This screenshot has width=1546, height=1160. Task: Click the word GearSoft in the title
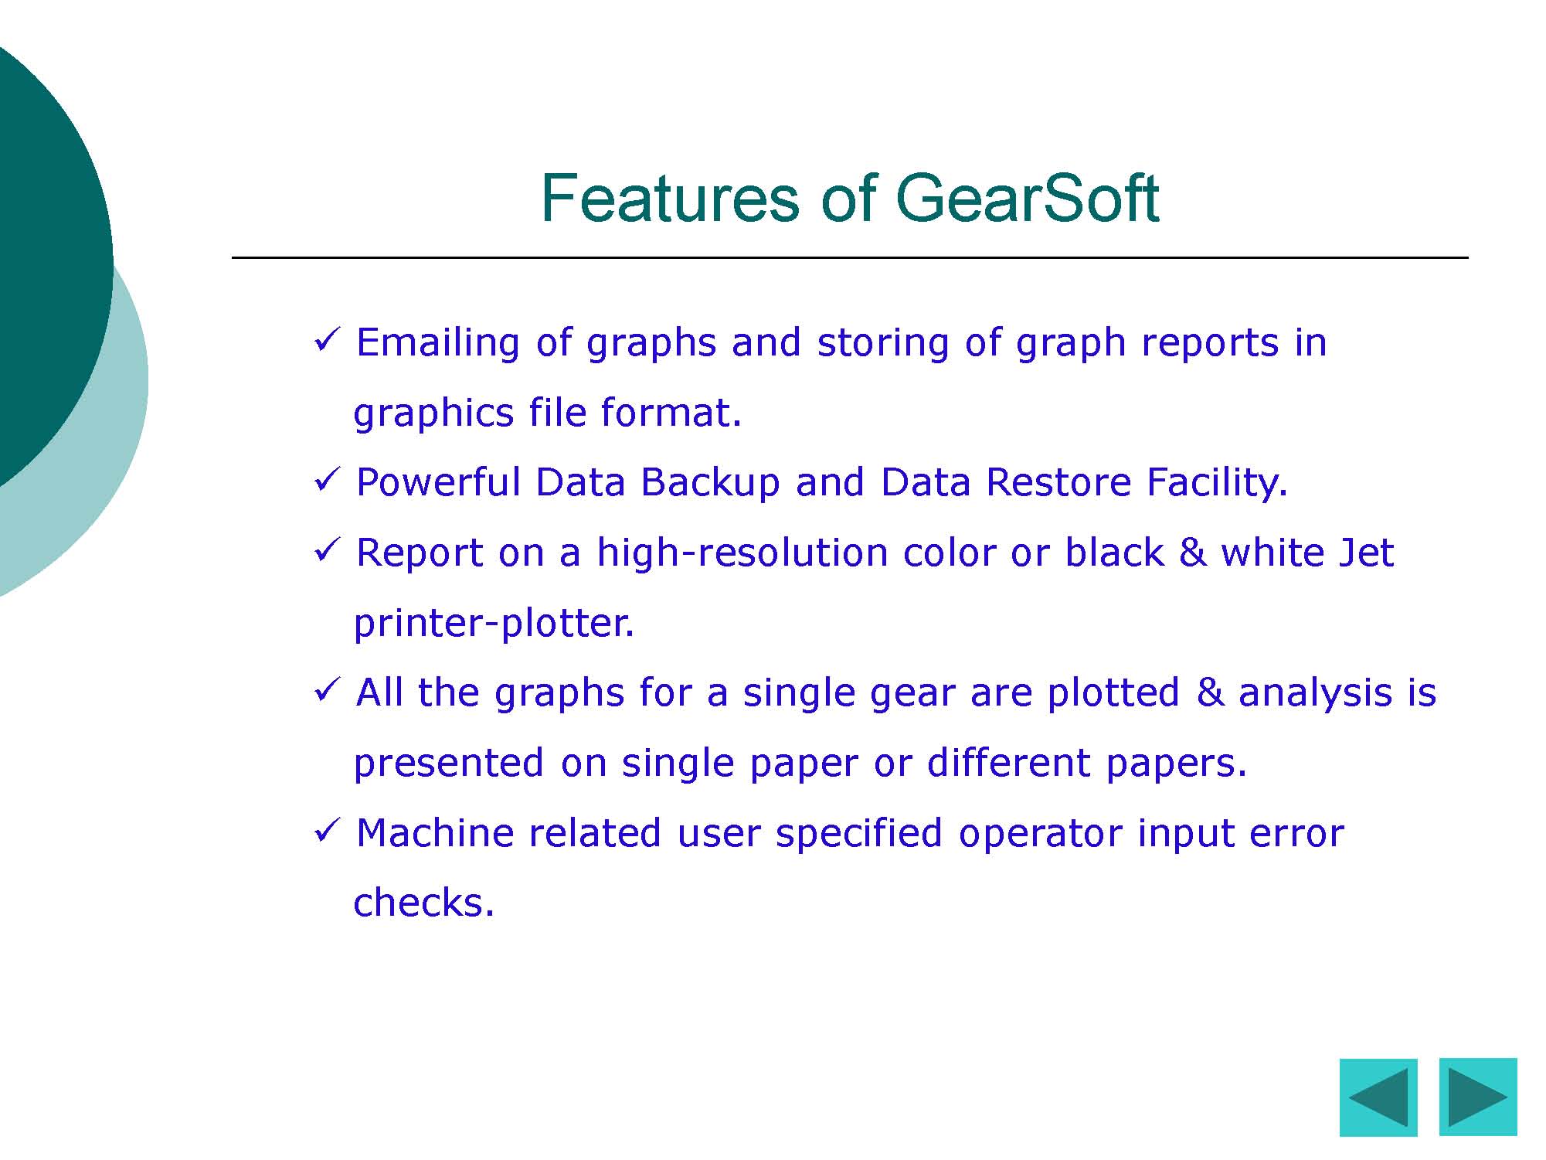(1027, 198)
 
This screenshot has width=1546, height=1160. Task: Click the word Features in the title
(670, 198)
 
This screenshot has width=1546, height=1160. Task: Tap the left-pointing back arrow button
(1378, 1097)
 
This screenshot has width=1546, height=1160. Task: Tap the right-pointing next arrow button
(1478, 1097)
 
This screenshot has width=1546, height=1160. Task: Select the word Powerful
(439, 482)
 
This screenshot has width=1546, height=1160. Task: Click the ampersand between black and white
(1193, 553)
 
